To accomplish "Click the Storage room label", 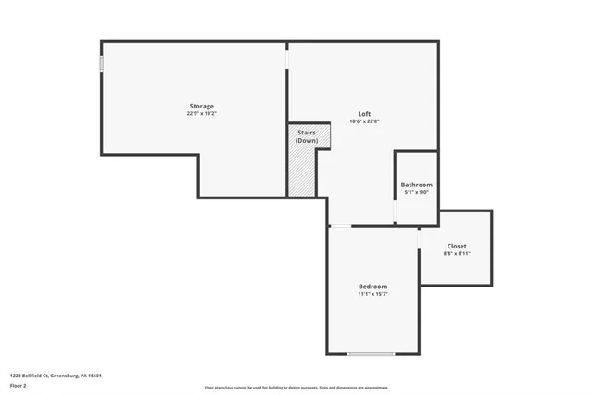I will pyautogui.click(x=202, y=107).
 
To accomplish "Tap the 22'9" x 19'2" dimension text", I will pyautogui.click(x=202, y=114).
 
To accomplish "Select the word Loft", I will pyautogui.click(x=366, y=114).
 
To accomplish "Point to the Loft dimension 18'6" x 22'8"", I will pyautogui.click(x=366, y=121).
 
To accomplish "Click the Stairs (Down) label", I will pyautogui.click(x=307, y=136).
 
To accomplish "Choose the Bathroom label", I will pyautogui.click(x=416, y=185).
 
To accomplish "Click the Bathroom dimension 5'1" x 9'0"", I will pyautogui.click(x=416, y=193).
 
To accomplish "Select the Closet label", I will pyautogui.click(x=457, y=246).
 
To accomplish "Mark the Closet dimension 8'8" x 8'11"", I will pyautogui.click(x=457, y=253).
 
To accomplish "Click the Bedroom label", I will pyautogui.click(x=372, y=286).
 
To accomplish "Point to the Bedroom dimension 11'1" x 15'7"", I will pyautogui.click(x=372, y=294).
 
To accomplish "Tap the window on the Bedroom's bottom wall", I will pyautogui.click(x=371, y=354).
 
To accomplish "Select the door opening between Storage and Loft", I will pyautogui.click(x=287, y=57).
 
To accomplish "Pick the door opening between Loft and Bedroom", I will pyautogui.click(x=340, y=225).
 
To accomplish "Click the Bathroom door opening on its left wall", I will pyautogui.click(x=396, y=212).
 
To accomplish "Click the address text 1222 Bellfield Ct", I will pyautogui.click(x=56, y=376).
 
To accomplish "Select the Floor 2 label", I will pyautogui.click(x=19, y=385).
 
